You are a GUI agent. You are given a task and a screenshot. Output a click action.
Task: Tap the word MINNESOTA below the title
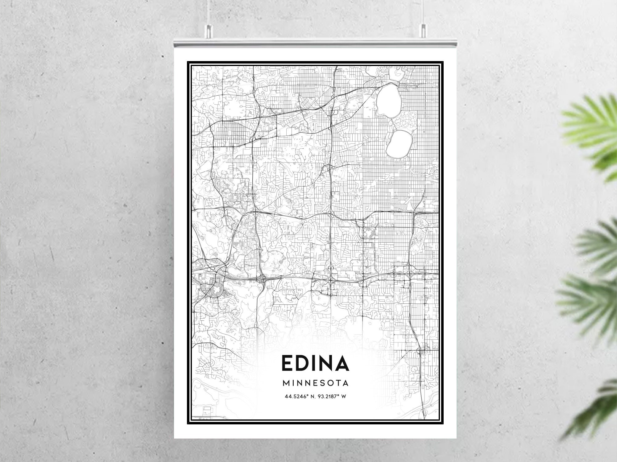click(315, 383)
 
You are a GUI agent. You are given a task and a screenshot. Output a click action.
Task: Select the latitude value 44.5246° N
click(298, 396)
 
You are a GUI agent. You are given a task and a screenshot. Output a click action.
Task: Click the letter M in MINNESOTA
click(286, 383)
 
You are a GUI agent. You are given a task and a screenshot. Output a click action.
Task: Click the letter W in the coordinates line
click(344, 396)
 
